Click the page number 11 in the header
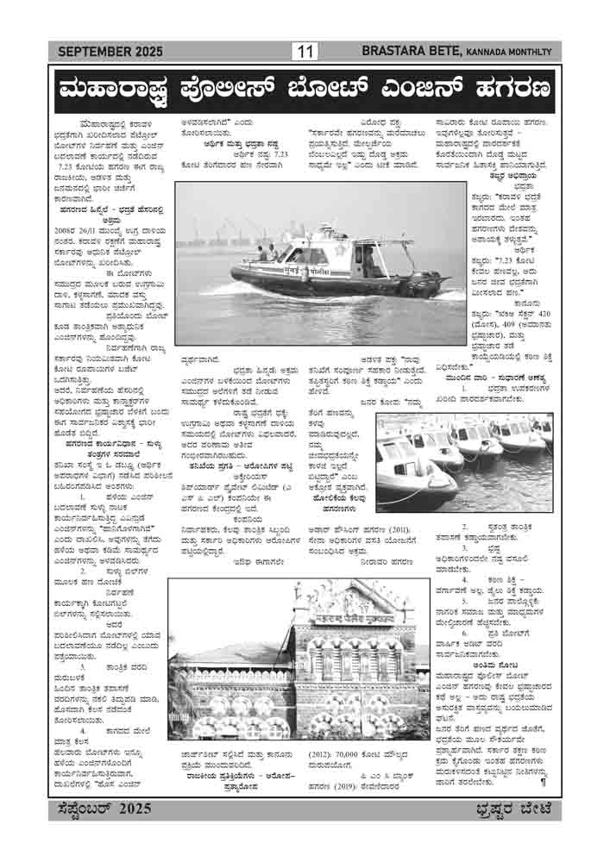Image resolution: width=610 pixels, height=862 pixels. [x=305, y=52]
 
